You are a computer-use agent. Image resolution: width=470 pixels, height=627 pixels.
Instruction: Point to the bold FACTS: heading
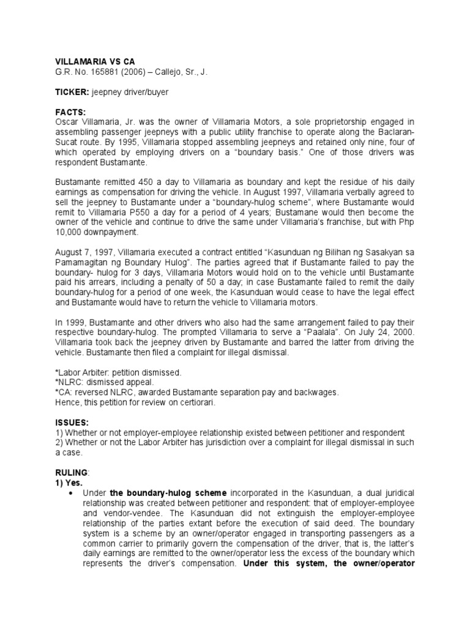72,112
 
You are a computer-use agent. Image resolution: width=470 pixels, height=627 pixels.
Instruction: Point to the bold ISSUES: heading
72,423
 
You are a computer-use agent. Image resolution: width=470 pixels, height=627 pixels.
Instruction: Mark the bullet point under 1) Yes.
73,493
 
